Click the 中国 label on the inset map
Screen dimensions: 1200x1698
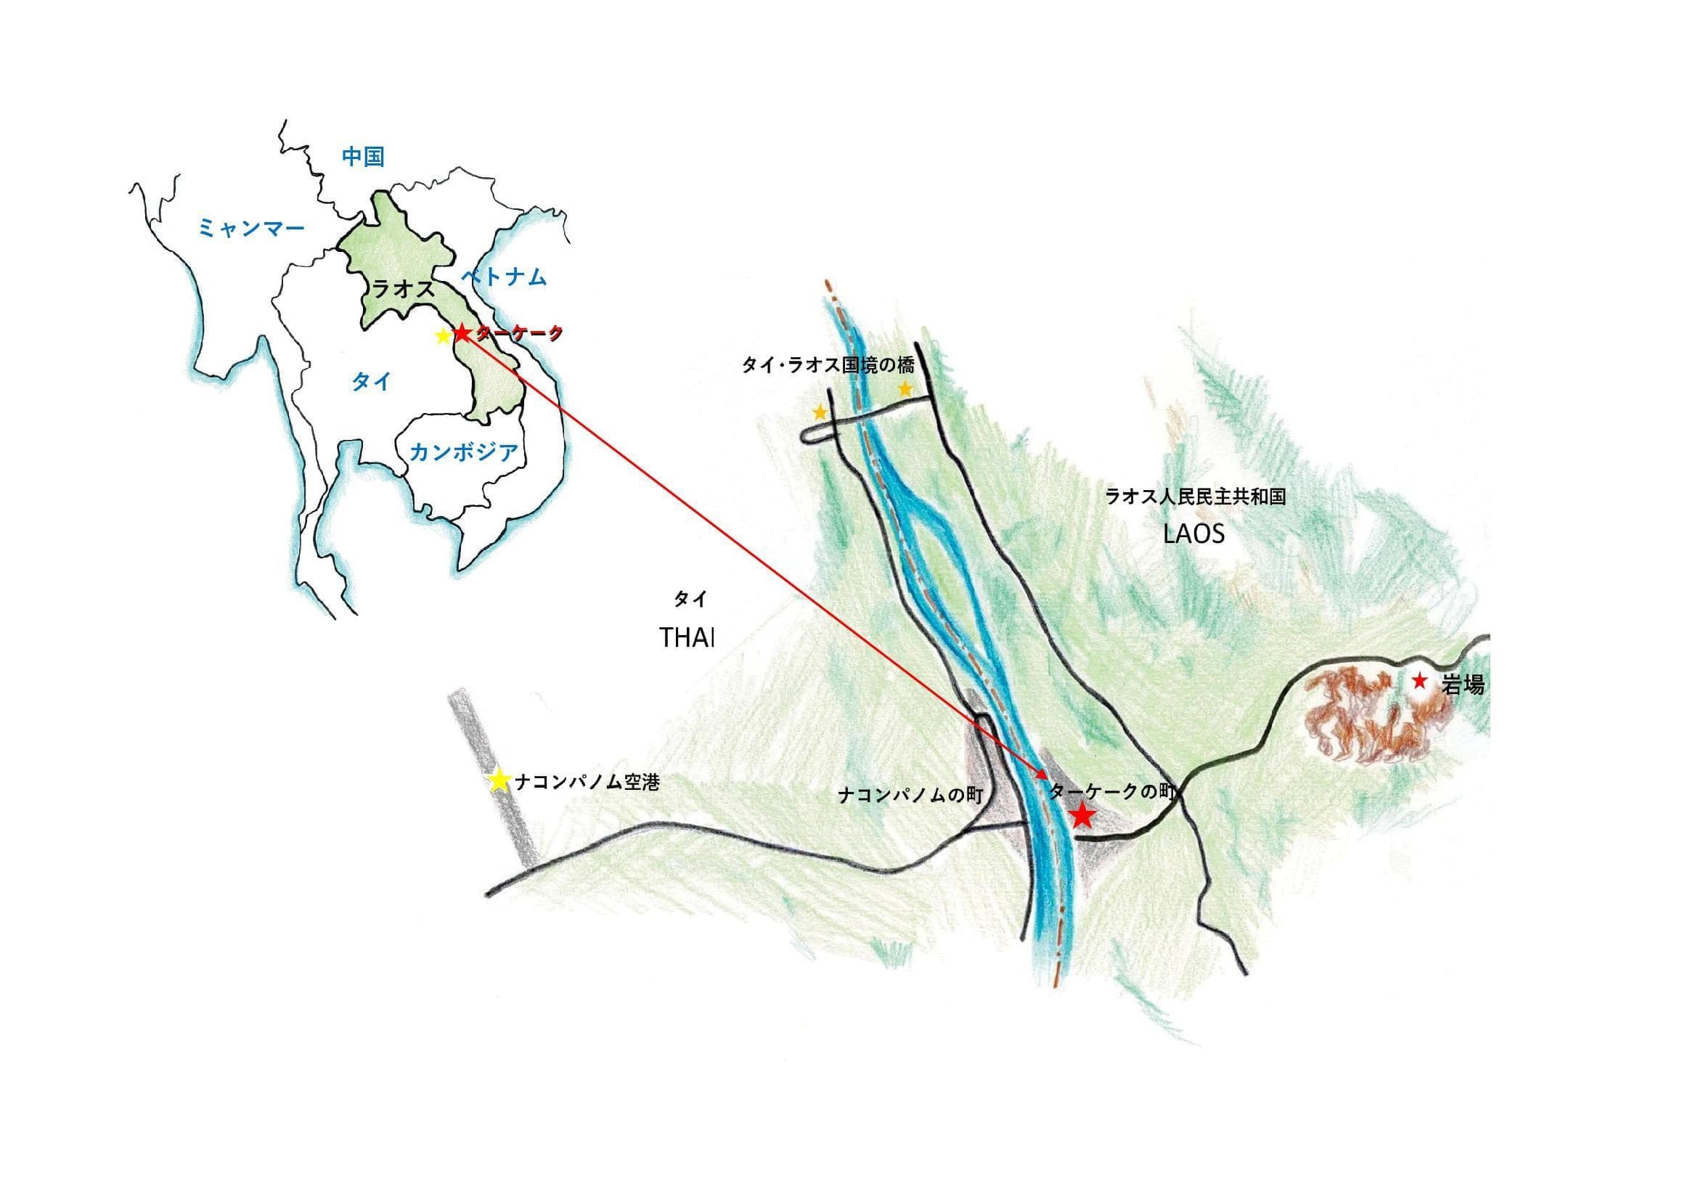362,157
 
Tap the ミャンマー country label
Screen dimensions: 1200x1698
250,229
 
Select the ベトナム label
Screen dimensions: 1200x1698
504,277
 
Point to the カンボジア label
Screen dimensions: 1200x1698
463,451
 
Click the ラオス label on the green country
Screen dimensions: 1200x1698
402,288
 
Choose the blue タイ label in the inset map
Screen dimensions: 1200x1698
371,382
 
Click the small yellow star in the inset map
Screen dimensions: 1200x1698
443,335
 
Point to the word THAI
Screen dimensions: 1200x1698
686,638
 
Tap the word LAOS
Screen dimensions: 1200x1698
1193,534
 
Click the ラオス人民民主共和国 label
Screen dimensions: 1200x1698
1195,496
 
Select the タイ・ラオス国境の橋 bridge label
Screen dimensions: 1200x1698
828,365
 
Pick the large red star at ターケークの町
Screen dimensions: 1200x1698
1082,815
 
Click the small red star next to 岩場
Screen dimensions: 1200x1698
1419,680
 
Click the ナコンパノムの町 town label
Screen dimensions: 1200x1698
910,795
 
